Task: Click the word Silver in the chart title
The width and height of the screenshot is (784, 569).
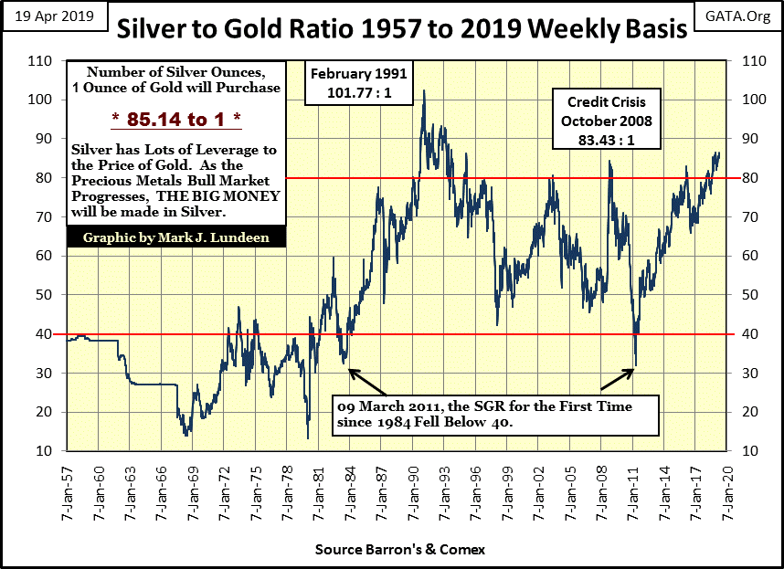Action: pos(153,30)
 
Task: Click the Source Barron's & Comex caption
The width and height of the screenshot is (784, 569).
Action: pos(399,550)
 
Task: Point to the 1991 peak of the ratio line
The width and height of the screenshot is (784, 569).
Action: pos(424,90)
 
